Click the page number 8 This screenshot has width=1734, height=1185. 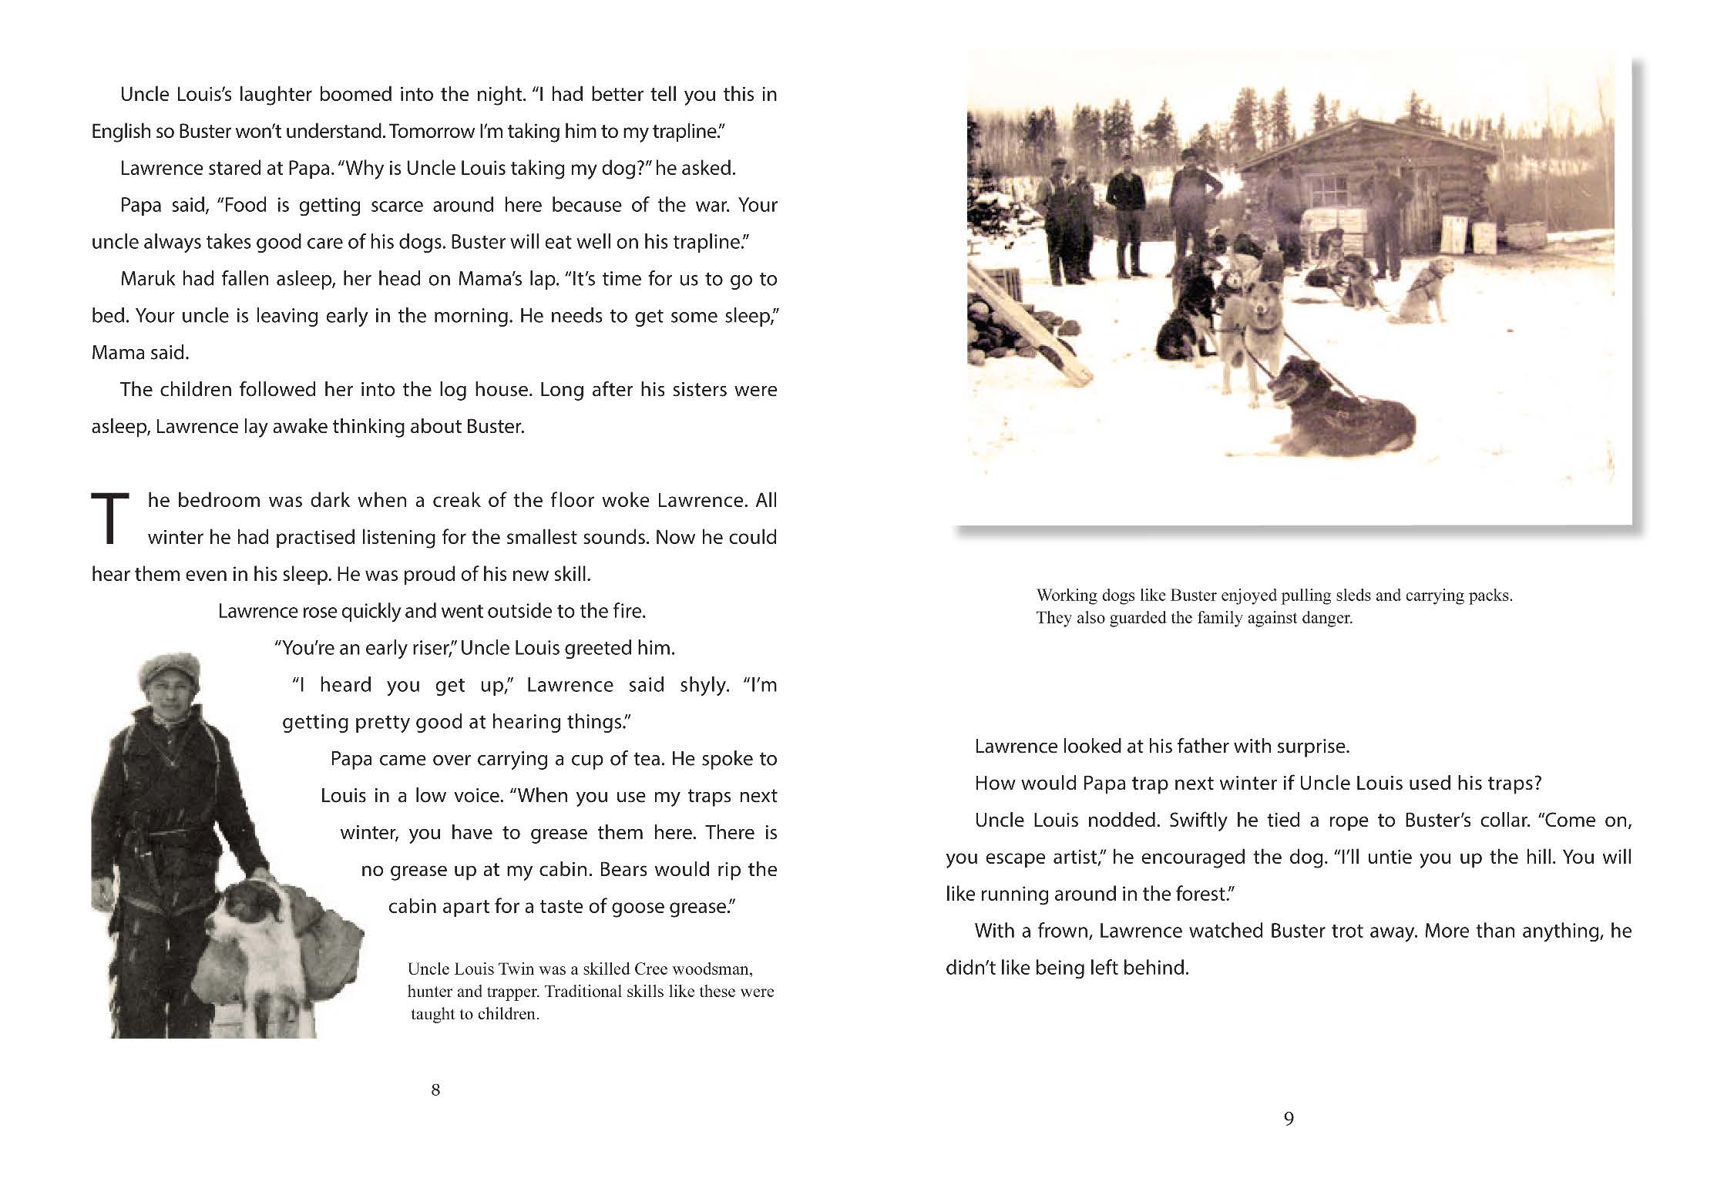435,1089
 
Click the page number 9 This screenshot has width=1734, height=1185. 1289,1119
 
